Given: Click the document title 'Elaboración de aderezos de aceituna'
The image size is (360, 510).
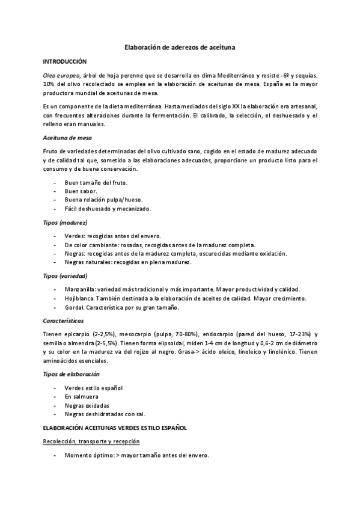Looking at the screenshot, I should point(180,46).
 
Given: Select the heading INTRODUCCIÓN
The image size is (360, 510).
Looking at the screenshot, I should point(65,61).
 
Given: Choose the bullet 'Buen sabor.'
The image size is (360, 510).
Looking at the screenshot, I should point(81,191).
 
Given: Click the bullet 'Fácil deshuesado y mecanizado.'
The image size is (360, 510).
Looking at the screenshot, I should point(108,209).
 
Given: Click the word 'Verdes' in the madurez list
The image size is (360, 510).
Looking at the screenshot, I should point(75,236).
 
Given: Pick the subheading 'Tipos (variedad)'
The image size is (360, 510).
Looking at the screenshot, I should point(66,276).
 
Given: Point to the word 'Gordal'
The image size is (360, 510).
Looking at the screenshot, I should point(74,308).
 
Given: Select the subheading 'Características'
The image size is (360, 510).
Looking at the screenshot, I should point(63,321).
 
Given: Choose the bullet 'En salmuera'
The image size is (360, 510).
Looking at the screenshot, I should point(81,396).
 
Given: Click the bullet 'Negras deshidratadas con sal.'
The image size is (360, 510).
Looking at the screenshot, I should point(105,414).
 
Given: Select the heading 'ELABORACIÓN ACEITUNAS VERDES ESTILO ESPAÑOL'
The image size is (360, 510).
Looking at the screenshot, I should point(115,428).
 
